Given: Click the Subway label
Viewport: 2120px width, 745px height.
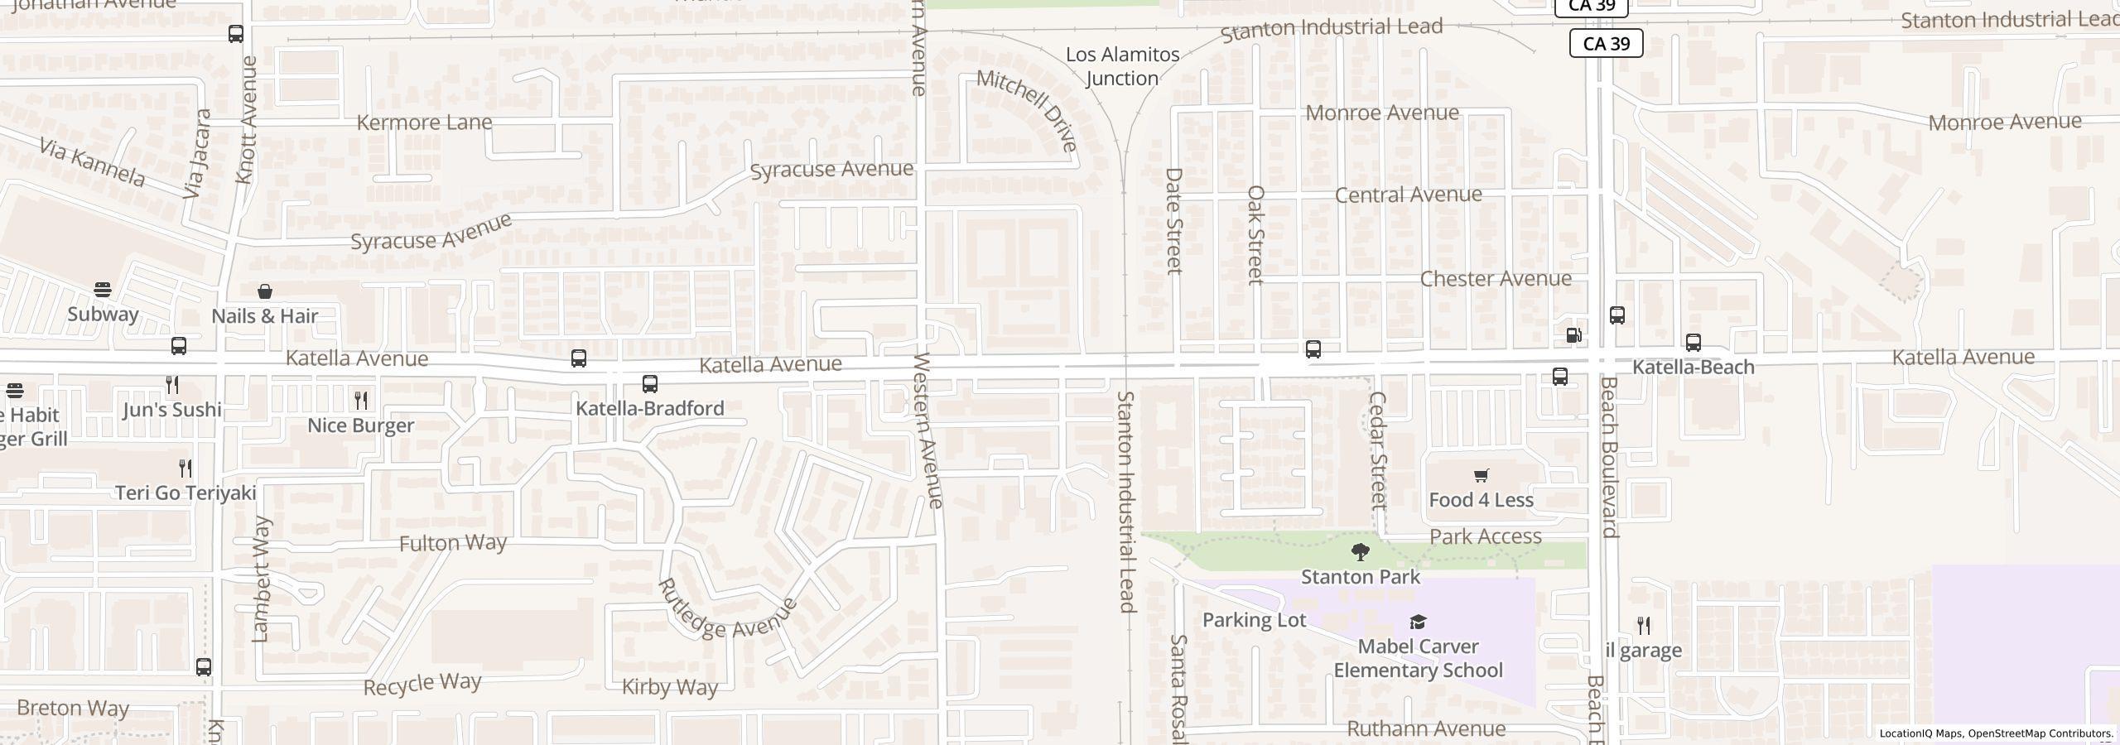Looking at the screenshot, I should tap(103, 315).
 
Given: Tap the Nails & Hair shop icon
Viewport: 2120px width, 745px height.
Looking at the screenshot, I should tap(265, 291).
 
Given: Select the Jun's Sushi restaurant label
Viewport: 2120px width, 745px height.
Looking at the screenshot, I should tap(172, 410).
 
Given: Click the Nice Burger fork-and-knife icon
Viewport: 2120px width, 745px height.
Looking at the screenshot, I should tap(361, 401).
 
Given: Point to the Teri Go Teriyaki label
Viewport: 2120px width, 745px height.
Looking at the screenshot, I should tap(185, 493).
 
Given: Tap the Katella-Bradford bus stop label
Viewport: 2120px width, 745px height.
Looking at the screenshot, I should tap(650, 408).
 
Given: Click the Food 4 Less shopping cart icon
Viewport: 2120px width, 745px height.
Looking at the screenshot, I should tap(1481, 475).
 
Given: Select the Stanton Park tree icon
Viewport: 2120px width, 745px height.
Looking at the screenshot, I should tap(1360, 552).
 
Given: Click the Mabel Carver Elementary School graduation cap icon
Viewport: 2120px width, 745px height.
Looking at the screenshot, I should tap(1418, 622).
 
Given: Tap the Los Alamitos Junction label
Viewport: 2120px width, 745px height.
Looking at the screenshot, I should tap(1122, 66).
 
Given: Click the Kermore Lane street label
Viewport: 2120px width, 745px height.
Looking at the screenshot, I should tap(424, 123).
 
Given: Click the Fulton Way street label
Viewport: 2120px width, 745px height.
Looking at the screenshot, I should tap(452, 543).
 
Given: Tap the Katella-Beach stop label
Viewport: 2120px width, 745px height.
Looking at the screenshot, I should tap(1693, 367).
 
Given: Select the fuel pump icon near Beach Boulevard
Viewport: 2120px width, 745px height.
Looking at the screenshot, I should tap(1573, 335).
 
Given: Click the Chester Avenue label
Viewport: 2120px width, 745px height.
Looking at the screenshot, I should tap(1496, 279).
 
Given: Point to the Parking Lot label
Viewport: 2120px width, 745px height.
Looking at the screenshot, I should tap(1254, 620).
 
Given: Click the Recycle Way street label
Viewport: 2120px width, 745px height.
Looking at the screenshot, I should tap(422, 684).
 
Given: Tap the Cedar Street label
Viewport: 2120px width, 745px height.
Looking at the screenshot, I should tap(1377, 449).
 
